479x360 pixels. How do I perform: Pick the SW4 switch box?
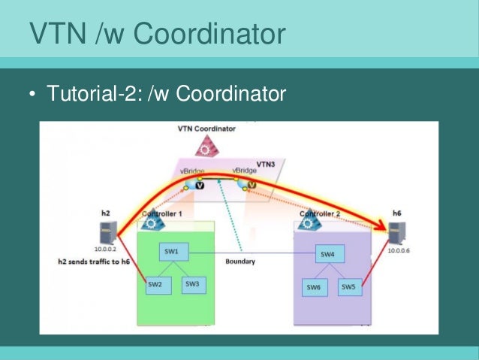pyautogui.click(x=328, y=255)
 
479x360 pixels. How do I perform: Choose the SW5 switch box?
pyautogui.click(x=348, y=286)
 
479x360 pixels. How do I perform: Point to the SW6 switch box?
pyautogui.click(x=314, y=287)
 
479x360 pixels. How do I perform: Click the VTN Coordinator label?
pyautogui.click(x=206, y=129)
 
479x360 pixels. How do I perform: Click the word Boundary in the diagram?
pyautogui.click(x=240, y=262)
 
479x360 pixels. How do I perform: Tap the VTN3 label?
pyautogui.click(x=265, y=164)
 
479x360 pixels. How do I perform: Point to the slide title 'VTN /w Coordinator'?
pyautogui.click(x=157, y=33)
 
